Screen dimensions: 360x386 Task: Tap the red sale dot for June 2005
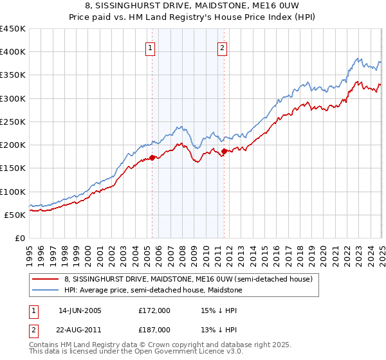[x=152, y=157]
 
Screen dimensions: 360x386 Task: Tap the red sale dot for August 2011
[x=225, y=151]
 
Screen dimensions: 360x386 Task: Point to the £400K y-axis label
[x=13, y=52]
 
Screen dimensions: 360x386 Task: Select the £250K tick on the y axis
[x=13, y=122]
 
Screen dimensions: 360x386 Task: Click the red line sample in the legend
[x=46, y=279]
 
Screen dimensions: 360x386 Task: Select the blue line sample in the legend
[x=46, y=290]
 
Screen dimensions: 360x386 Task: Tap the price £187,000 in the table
[x=154, y=329]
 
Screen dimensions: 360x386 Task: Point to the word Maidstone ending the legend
[x=222, y=290]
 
